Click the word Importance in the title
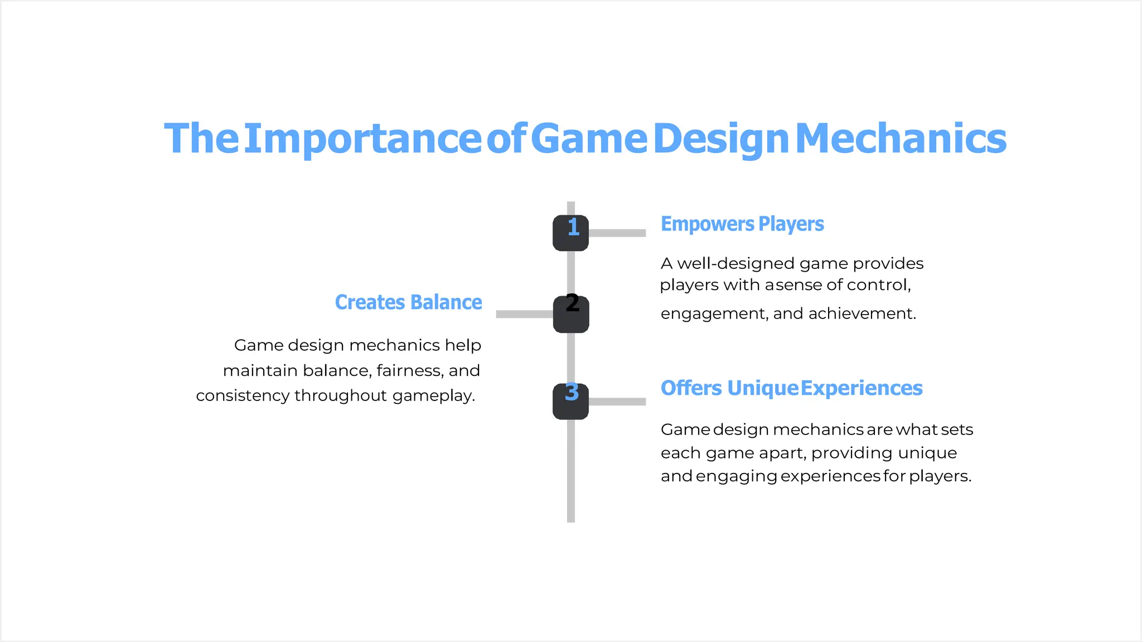point(362,139)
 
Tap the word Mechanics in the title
point(901,139)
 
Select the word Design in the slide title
point(720,139)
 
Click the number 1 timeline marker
point(570,233)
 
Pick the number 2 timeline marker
point(571,314)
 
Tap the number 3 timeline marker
point(570,401)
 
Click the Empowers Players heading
point(742,224)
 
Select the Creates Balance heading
point(408,302)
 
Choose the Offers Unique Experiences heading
point(791,388)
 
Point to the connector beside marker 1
point(617,233)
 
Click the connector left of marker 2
point(524,315)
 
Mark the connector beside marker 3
point(617,402)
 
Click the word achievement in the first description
point(862,313)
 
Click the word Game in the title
point(589,139)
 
